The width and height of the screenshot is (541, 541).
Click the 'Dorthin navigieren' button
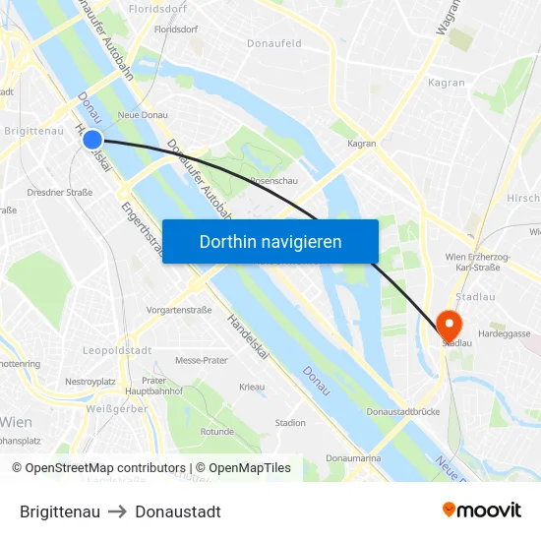pyautogui.click(x=270, y=241)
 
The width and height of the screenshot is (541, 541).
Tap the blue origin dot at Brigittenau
pyautogui.click(x=91, y=140)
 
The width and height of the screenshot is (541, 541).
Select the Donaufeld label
pyautogui.click(x=274, y=44)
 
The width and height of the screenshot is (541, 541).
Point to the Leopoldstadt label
pyautogui.click(x=116, y=350)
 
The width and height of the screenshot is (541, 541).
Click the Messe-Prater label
pyautogui.click(x=201, y=361)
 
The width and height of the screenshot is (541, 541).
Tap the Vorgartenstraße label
pyautogui.click(x=179, y=310)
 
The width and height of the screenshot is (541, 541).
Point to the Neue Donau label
pyautogui.click(x=143, y=115)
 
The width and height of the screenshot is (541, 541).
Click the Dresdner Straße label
pyautogui.click(x=60, y=192)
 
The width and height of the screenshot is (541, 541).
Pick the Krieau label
pyautogui.click(x=252, y=387)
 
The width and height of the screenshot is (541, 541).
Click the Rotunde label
pyautogui.click(x=216, y=431)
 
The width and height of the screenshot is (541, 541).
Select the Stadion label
pyautogui.click(x=290, y=422)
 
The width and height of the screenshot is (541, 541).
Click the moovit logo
pyautogui.click(x=482, y=510)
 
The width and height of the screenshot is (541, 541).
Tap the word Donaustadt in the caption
pyautogui.click(x=178, y=511)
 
